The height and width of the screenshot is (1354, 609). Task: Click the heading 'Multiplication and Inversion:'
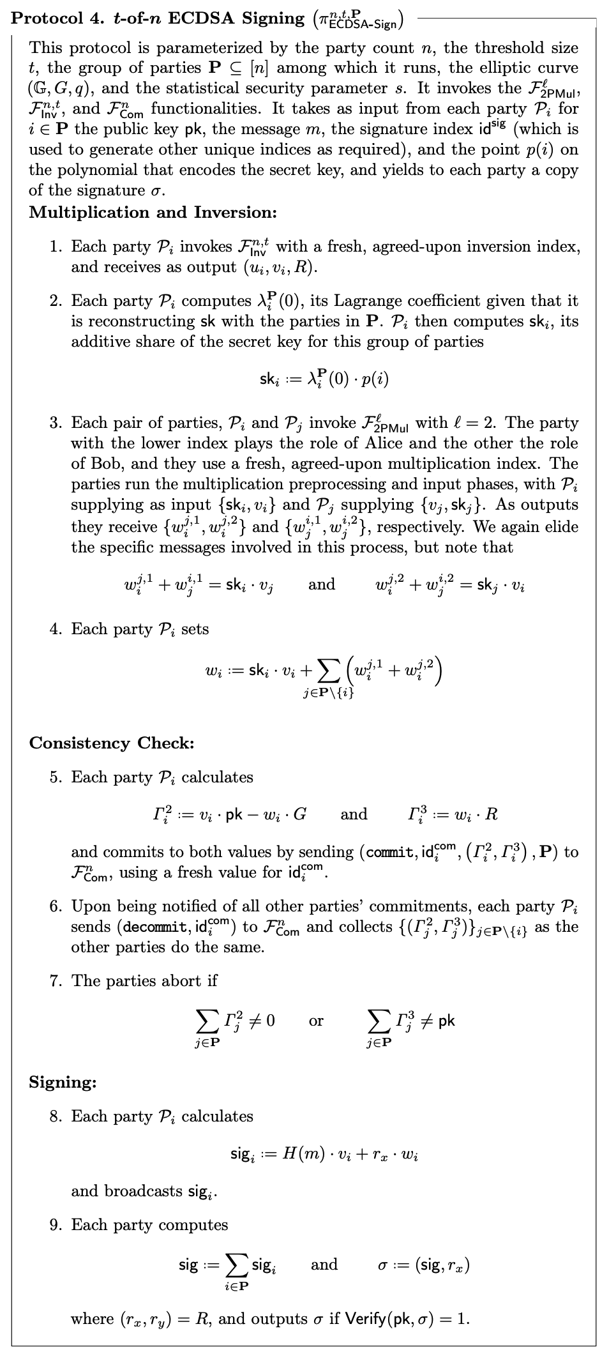pyautogui.click(x=153, y=212)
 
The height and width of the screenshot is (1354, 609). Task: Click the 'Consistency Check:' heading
pyautogui.click(x=112, y=743)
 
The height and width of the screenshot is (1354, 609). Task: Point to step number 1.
pyautogui.click(x=56, y=247)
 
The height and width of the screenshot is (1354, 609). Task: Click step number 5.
pyautogui.click(x=56, y=777)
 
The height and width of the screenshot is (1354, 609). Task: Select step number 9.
pyautogui.click(x=56, y=1225)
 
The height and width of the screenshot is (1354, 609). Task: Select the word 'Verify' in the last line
pyautogui.click(x=366, y=1319)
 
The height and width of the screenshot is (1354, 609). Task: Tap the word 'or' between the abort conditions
pyautogui.click(x=316, y=1021)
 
